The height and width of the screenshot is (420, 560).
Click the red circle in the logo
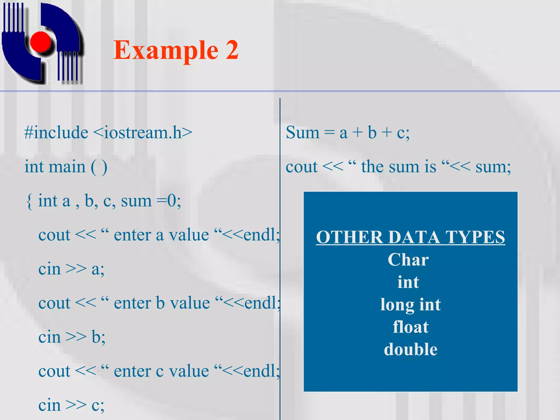point(41,42)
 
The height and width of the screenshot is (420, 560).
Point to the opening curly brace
point(29,201)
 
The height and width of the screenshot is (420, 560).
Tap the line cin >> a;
point(71,269)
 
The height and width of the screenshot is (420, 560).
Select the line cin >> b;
point(72,337)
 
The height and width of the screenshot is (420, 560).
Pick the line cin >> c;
point(71,405)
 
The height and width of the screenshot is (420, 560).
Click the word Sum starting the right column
point(302,133)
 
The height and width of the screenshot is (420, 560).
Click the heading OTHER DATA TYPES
point(410,237)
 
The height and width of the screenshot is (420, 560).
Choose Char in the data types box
point(408,259)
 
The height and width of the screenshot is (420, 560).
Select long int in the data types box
point(410,305)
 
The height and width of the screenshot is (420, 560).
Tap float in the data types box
point(410,327)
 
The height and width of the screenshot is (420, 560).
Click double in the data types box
point(410,349)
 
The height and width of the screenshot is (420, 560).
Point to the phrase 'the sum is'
point(399,167)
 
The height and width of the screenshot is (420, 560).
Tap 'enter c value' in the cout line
point(161,371)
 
